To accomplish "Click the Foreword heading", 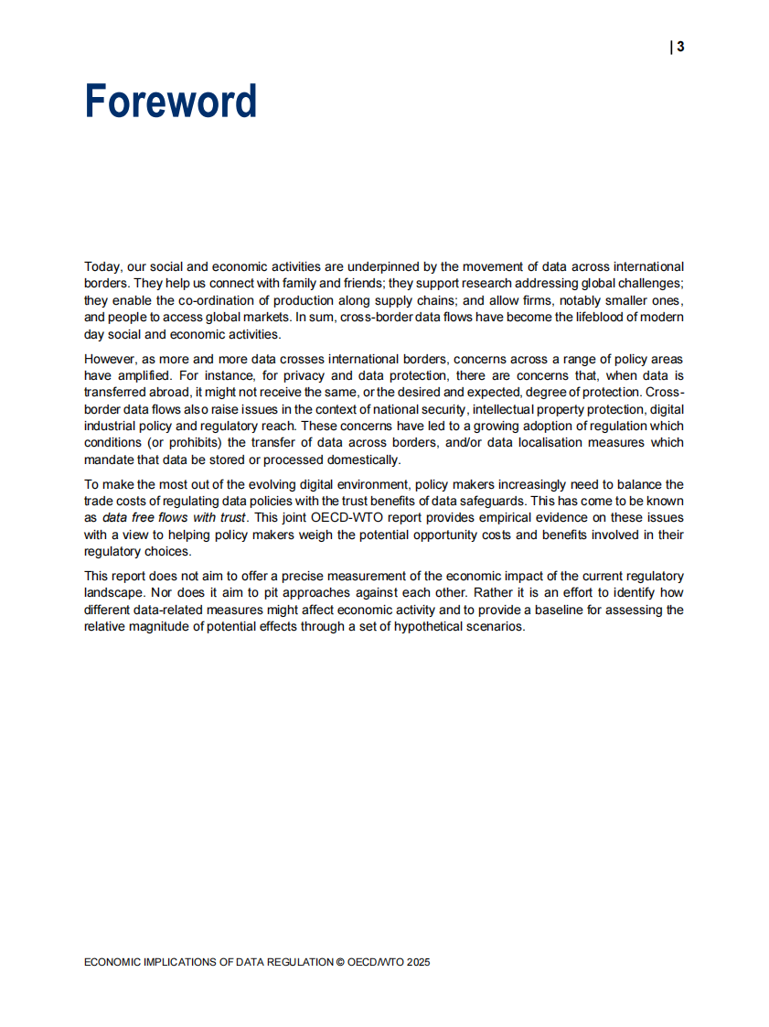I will coord(171,102).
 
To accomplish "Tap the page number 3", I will coord(680,48).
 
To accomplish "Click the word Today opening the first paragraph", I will coord(101,266).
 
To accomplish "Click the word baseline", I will coord(565,610).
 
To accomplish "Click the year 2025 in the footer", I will coord(418,962).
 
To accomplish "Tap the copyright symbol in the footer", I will coord(340,962).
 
